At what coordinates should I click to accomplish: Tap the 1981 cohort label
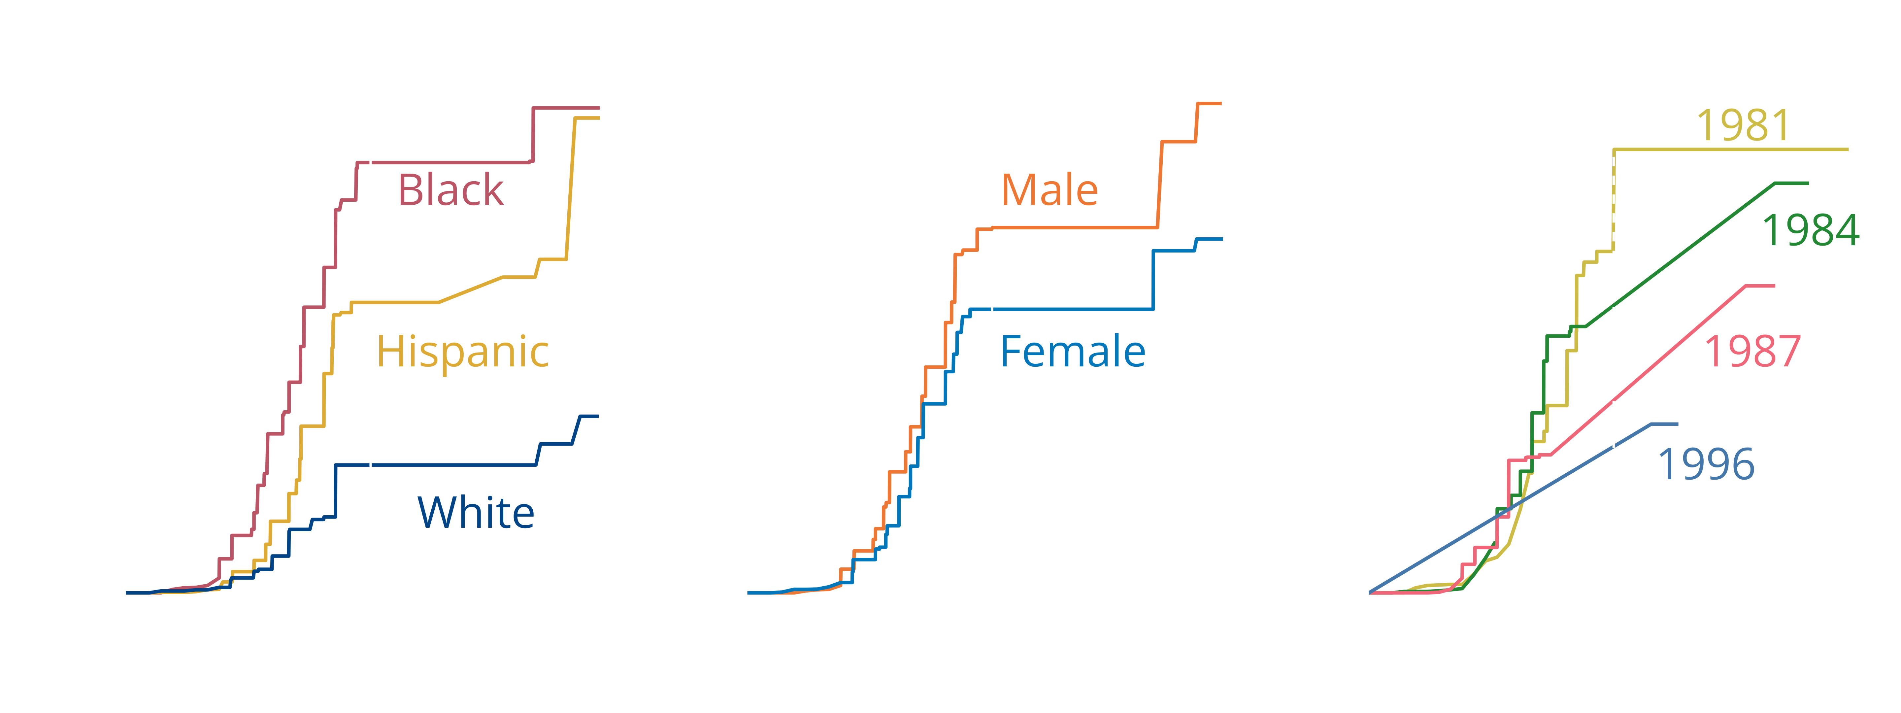pos(1743,125)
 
